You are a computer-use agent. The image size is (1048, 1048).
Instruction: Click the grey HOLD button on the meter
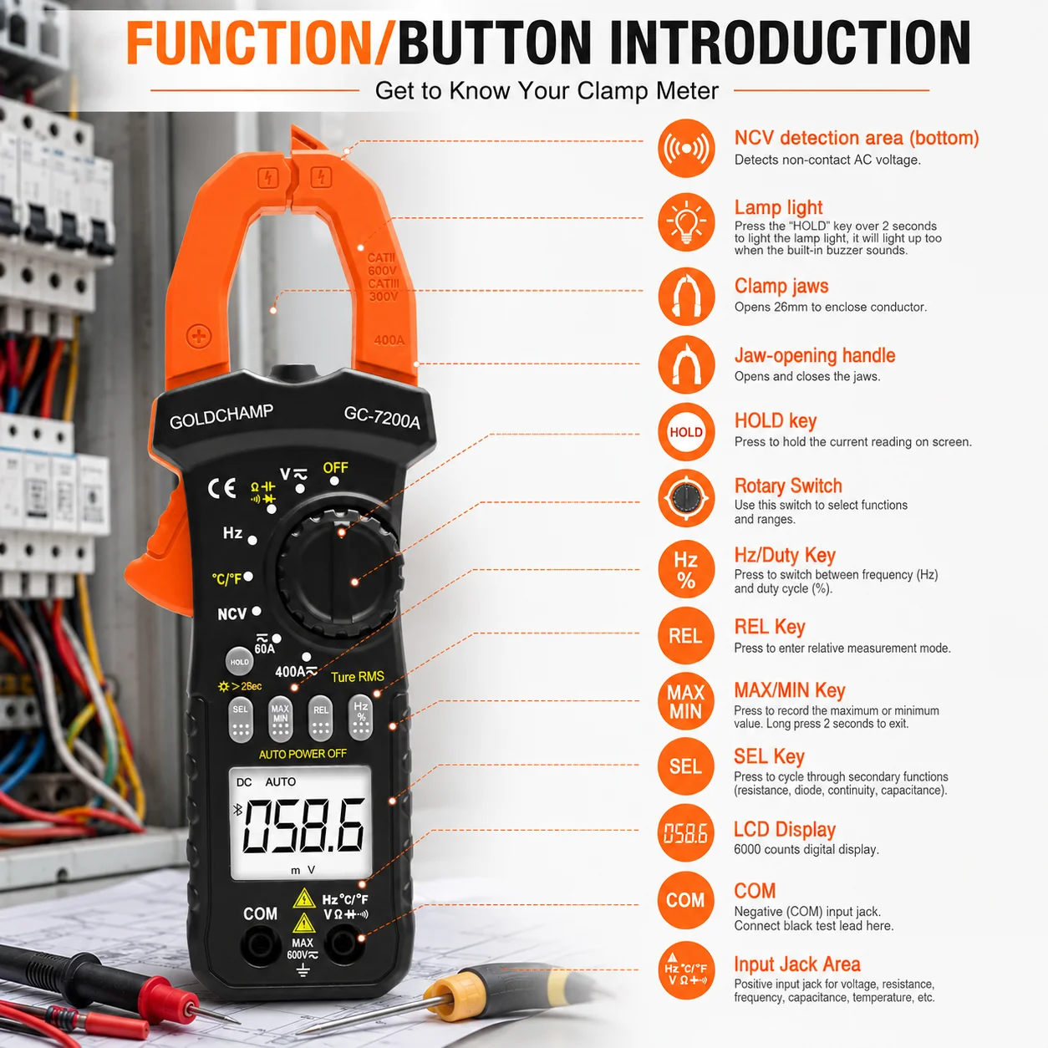239,661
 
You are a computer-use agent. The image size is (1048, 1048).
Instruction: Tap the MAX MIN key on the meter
280,718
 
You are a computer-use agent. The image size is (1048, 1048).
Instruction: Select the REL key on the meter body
320,718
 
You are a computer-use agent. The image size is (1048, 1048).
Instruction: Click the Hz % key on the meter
360,717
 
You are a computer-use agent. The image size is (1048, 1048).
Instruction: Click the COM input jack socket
260,947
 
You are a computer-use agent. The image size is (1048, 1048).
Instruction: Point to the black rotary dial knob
340,572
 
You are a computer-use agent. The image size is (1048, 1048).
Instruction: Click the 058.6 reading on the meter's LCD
303,826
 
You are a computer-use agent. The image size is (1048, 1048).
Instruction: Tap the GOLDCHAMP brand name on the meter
221,417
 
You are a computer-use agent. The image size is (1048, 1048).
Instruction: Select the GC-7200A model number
382,418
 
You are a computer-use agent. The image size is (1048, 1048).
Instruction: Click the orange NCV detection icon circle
686,148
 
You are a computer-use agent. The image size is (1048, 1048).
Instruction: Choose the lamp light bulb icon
686,222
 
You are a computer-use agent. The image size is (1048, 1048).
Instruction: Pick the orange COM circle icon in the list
685,900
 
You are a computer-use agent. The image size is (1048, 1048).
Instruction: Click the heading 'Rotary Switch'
788,486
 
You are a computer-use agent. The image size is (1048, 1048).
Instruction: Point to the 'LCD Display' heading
784,829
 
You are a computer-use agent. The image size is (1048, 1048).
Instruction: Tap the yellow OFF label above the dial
335,468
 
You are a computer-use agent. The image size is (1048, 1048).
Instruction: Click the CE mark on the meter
222,488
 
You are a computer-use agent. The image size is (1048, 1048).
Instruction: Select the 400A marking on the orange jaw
389,340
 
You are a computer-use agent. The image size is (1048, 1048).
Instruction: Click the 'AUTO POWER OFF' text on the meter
303,754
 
